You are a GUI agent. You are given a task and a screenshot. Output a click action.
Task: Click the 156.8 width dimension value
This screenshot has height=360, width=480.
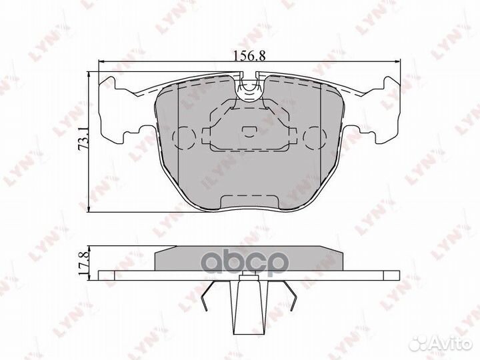click(249, 56)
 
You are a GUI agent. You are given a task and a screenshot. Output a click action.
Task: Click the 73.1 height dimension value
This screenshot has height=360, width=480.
click(83, 139)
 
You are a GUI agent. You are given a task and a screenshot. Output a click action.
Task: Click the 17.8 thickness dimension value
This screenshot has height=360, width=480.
click(83, 263)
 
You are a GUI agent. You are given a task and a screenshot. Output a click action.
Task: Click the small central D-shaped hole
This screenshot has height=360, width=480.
click(249, 131)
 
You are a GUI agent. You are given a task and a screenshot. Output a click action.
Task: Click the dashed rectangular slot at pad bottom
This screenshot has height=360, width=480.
click(250, 202)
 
